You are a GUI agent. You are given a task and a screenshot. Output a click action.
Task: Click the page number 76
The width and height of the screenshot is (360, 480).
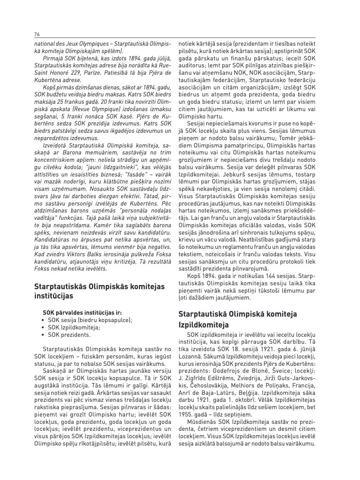click(37, 34)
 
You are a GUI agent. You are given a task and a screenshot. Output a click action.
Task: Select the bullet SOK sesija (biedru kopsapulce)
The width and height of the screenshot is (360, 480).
click(90, 320)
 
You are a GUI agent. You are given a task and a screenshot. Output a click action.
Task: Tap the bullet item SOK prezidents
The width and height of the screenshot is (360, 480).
click(69, 335)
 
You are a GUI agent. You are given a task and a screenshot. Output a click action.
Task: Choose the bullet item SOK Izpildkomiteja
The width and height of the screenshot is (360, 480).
click(74, 327)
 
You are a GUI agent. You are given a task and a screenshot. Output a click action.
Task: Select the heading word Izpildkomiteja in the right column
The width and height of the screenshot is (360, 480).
click(203, 325)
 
